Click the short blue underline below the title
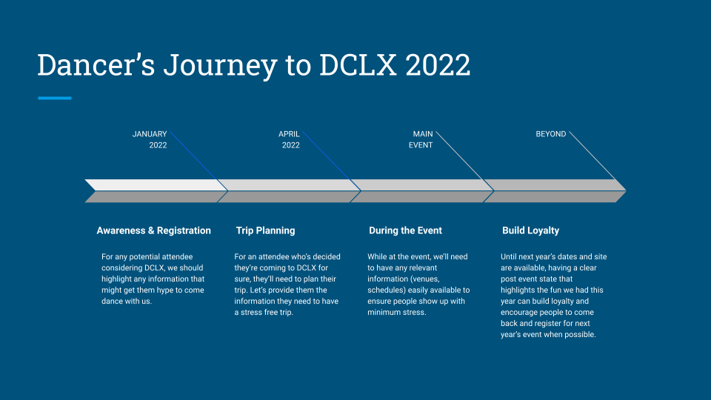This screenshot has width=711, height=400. (54, 98)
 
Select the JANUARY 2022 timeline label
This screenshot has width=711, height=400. (150, 139)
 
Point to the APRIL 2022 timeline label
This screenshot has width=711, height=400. (290, 139)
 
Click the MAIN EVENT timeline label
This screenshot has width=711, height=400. (421, 139)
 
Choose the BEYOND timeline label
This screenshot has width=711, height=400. (550, 134)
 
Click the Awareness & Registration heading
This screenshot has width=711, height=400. (153, 230)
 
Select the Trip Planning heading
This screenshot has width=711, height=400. (265, 230)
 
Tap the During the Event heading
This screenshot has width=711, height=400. (405, 230)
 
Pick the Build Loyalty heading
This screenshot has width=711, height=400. (530, 230)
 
